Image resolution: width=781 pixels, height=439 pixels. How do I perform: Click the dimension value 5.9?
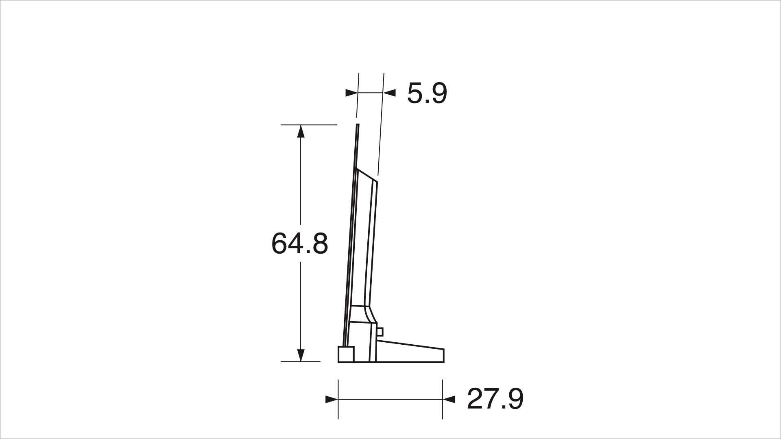tap(427, 93)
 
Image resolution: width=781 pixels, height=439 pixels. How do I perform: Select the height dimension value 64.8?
tap(299, 244)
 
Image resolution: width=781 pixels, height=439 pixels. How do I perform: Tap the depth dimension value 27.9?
tap(495, 399)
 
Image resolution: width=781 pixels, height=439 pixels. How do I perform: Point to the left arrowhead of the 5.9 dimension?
tap(351, 93)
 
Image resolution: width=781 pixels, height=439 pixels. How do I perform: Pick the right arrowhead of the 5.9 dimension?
tap(390, 93)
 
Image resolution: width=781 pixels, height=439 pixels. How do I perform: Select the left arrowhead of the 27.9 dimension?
tap(332, 400)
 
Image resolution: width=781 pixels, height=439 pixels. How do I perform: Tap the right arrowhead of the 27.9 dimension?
tap(449, 400)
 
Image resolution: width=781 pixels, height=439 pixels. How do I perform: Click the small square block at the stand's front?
tap(346, 354)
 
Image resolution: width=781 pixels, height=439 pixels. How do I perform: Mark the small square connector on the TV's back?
tap(380, 332)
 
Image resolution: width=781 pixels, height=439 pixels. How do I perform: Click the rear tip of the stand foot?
tap(443, 355)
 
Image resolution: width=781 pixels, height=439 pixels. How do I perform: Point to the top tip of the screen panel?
tap(358, 126)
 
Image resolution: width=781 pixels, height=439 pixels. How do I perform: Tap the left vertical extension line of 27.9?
tap(338, 411)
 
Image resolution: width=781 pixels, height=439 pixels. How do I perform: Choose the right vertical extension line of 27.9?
tap(443, 411)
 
